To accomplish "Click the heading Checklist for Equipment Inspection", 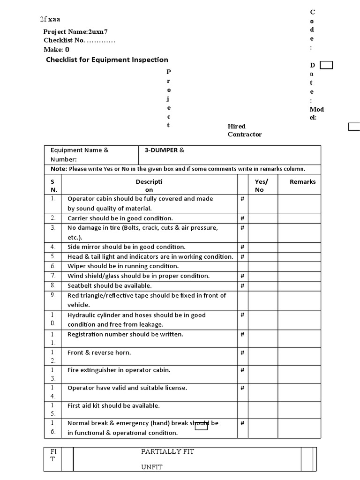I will point(107,60).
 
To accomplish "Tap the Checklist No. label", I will point(64,40).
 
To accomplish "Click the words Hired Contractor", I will point(244,130).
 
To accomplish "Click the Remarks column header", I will point(302,181).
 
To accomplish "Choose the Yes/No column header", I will point(261,186).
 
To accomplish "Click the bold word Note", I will point(59,169).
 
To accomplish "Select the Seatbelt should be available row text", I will point(110,285).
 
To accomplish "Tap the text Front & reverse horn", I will point(99,352).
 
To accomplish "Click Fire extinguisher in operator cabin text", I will point(119,370).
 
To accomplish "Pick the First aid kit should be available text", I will point(113,405).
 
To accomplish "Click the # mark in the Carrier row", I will point(242,218).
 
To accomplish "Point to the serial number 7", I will point(53,276).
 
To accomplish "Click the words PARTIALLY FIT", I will point(168,451).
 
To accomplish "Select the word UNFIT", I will point(151,467).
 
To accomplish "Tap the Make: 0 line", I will point(57,49).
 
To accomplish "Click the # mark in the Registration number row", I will point(242,334).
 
